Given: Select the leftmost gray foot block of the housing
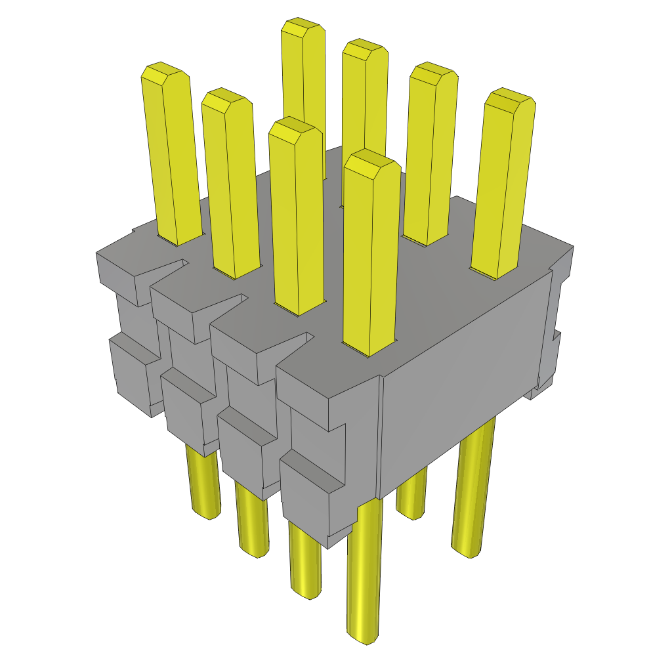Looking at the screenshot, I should coord(131,377).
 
